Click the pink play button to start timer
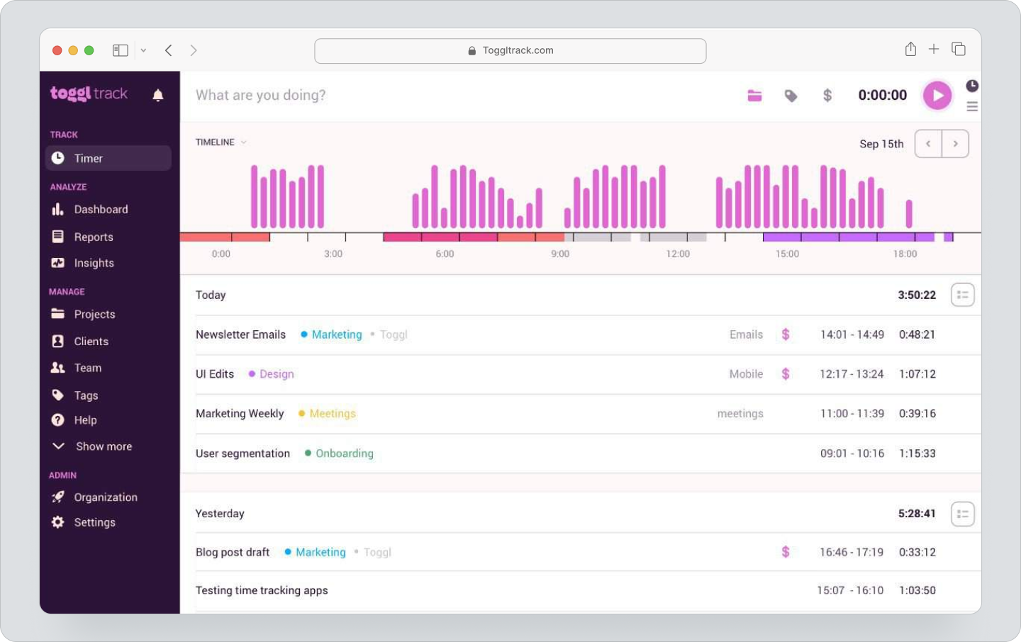937,96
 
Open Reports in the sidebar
93,237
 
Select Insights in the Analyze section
94,263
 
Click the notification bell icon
158,95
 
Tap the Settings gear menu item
94,522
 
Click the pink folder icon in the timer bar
754,96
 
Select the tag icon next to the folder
791,96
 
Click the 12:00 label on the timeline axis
678,254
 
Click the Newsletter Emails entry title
240,334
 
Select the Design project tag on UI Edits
276,374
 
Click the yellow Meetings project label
332,414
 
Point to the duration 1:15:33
917,454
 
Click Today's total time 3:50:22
917,295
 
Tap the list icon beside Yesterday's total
962,514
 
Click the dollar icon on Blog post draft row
786,552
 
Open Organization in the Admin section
105,497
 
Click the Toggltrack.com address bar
510,50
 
